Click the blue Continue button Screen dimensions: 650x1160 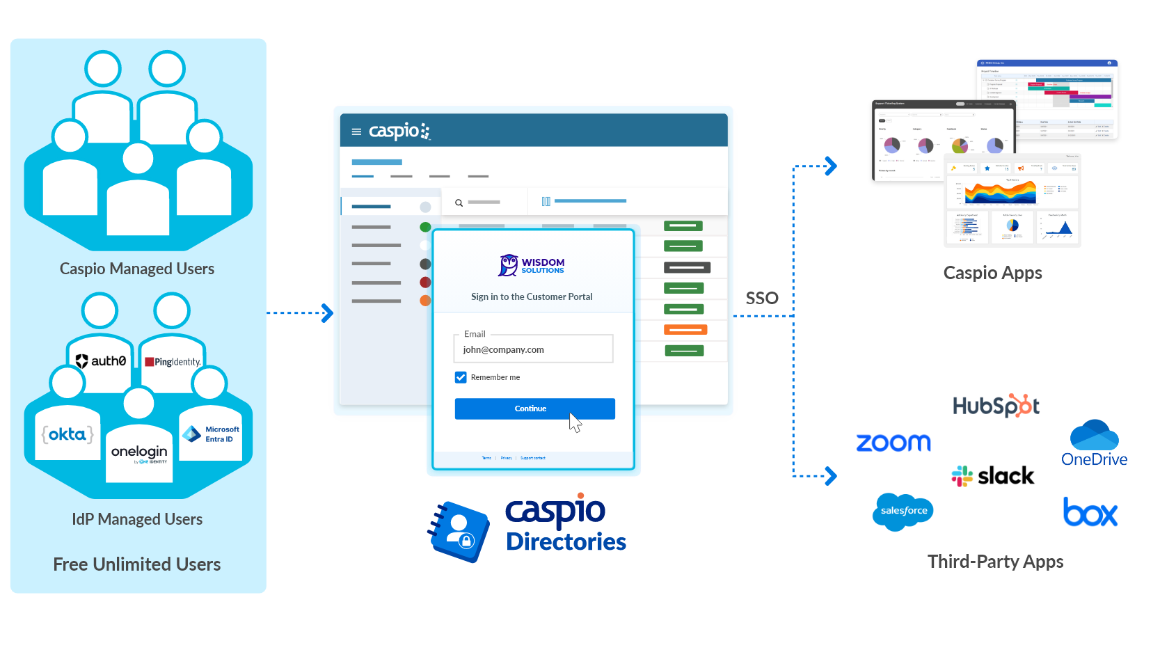point(534,409)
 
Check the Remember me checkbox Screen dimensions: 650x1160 point(461,377)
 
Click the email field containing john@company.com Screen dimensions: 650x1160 point(533,349)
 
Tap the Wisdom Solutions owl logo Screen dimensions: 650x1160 point(509,265)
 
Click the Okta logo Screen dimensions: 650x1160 point(67,434)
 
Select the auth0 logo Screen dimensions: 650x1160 point(101,361)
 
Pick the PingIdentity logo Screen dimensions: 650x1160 point(173,362)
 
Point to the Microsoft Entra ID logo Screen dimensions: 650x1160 point(211,434)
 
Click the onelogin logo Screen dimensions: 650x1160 point(139,453)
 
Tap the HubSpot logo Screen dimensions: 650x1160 point(996,406)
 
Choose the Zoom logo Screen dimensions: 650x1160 point(893,443)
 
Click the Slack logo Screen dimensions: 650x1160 point(993,476)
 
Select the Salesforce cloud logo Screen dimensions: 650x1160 point(903,511)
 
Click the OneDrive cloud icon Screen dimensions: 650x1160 point(1094,435)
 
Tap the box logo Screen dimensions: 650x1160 point(1090,512)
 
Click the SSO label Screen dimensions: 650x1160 point(762,298)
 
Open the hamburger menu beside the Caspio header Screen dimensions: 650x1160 point(356,132)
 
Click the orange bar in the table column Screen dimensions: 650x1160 point(685,330)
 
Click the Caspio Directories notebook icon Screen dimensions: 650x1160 point(459,532)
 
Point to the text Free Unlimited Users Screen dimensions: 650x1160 point(137,564)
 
